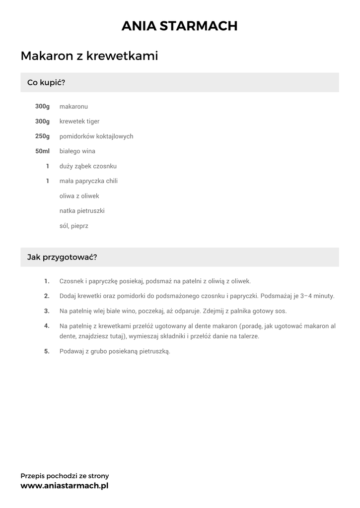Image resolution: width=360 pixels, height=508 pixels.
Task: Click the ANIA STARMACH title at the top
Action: click(x=180, y=26)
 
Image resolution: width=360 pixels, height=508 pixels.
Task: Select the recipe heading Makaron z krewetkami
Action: click(x=89, y=56)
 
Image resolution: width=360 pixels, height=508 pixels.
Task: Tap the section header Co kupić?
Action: click(x=46, y=82)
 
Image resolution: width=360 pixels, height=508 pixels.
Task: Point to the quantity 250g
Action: click(x=42, y=136)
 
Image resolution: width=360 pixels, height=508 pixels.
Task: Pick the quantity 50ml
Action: click(x=42, y=151)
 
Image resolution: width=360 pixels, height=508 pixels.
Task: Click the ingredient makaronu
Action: click(x=73, y=107)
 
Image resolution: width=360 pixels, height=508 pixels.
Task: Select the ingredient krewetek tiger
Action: click(x=79, y=122)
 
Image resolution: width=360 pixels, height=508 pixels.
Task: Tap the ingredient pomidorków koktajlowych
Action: click(x=96, y=136)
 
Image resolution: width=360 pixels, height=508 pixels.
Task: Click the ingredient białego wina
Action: click(x=77, y=151)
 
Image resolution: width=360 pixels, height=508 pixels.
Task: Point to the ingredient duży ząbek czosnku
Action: click(x=88, y=166)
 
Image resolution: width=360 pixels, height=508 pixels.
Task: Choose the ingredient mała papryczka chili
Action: click(x=88, y=181)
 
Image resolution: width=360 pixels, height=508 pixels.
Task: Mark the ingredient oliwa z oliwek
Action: click(x=79, y=196)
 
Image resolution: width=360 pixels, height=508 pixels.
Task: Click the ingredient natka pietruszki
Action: click(x=82, y=211)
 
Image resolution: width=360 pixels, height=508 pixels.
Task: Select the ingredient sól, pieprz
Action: click(x=74, y=226)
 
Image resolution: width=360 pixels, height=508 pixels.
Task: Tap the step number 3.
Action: click(x=47, y=311)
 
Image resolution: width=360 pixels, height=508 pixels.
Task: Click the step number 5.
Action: click(x=47, y=351)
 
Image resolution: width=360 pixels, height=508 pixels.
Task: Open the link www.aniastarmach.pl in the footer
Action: click(x=64, y=486)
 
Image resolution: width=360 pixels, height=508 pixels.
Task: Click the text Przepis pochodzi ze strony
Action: click(x=65, y=476)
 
